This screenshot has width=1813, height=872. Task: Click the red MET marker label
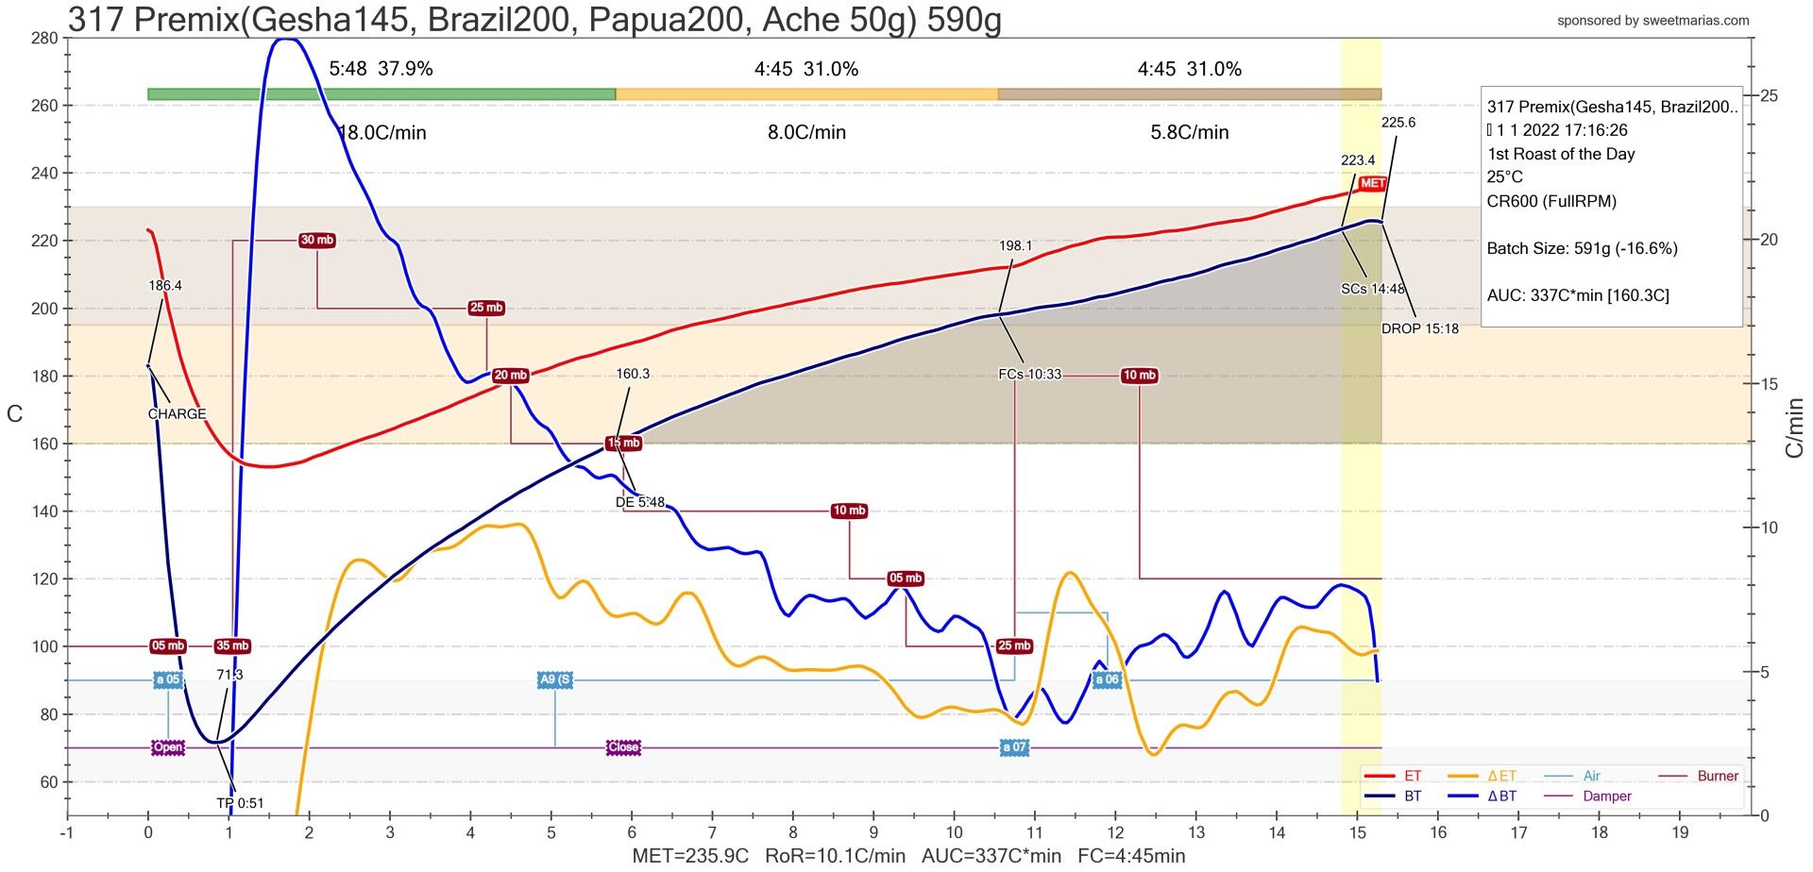tap(1372, 183)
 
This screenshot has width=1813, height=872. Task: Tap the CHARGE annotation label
tap(177, 414)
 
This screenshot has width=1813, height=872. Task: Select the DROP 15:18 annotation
tap(1419, 329)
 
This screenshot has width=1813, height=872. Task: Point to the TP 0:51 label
tap(240, 804)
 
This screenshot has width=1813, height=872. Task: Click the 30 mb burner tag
tap(317, 241)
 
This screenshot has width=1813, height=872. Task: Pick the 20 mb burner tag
tap(510, 376)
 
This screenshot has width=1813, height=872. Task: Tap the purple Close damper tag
tap(623, 747)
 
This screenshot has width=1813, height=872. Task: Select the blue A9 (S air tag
tap(554, 679)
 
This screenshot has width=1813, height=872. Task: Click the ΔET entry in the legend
tap(1501, 777)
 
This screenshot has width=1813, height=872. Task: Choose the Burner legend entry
tap(1717, 777)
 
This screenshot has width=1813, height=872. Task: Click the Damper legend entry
tap(1607, 797)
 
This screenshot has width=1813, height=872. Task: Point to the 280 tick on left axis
tap(43, 39)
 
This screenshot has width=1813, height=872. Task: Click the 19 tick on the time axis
tap(1680, 832)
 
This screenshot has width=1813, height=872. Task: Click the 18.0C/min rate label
tap(382, 133)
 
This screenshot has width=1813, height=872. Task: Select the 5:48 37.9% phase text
tap(381, 69)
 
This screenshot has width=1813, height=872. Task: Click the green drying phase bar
tap(381, 94)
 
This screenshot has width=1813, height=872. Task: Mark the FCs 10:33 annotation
tap(1029, 375)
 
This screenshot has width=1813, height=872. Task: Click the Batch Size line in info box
tap(1582, 249)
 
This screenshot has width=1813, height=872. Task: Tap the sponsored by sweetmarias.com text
tap(1652, 21)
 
